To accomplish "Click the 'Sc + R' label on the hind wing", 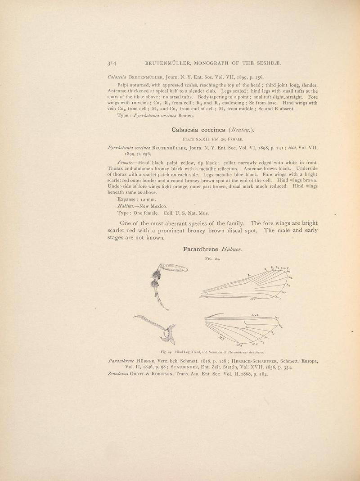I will point(254,315).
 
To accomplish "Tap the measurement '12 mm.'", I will point(146,199).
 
